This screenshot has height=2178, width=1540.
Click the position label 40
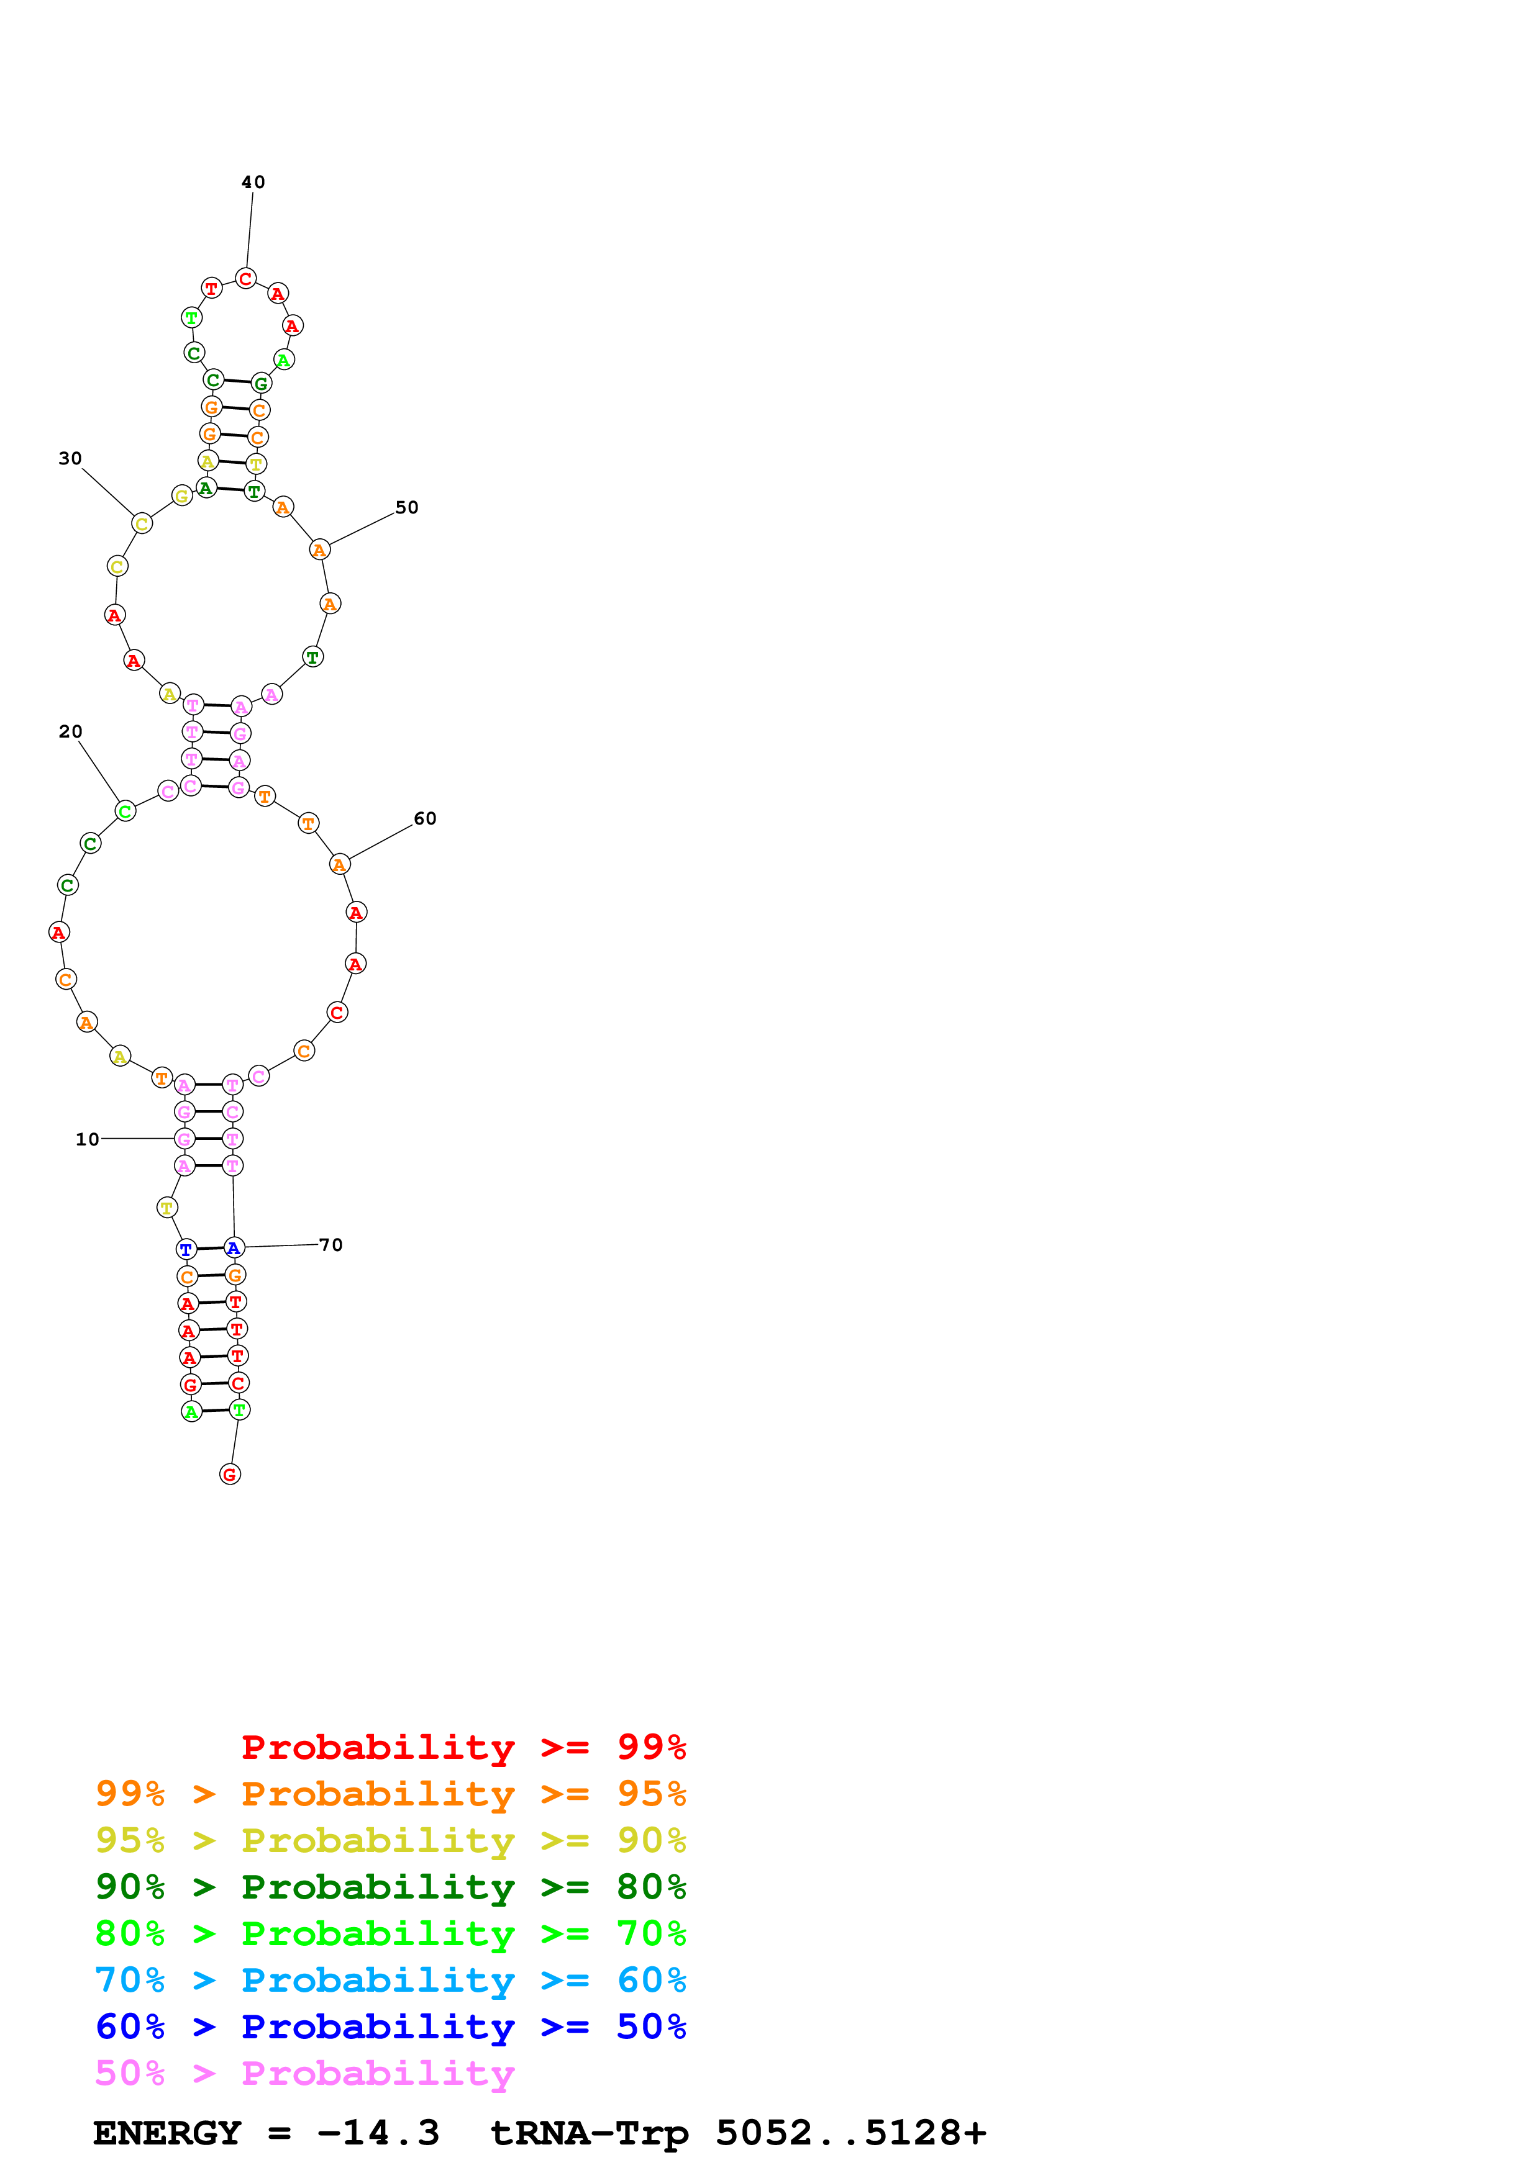(x=252, y=182)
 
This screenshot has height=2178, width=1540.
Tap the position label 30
(x=70, y=459)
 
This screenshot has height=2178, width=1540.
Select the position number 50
(x=406, y=507)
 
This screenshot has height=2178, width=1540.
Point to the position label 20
(x=70, y=731)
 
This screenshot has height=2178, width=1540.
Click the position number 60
(x=424, y=819)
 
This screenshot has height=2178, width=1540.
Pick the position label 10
(x=88, y=1139)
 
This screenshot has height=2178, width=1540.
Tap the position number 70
(x=330, y=1245)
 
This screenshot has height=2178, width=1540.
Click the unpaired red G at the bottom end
(x=230, y=1474)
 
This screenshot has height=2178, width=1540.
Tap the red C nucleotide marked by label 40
(x=246, y=279)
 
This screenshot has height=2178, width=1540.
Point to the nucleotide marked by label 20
(x=125, y=811)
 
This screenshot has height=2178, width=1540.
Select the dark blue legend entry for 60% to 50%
(x=390, y=2027)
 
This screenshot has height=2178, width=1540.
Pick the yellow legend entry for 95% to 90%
(x=390, y=1840)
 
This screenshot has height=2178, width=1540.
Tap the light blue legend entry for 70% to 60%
(x=390, y=1981)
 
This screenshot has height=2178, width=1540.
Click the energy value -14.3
(x=378, y=2133)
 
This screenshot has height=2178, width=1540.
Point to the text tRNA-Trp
(x=588, y=2133)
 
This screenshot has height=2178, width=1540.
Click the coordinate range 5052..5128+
(x=850, y=2133)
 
